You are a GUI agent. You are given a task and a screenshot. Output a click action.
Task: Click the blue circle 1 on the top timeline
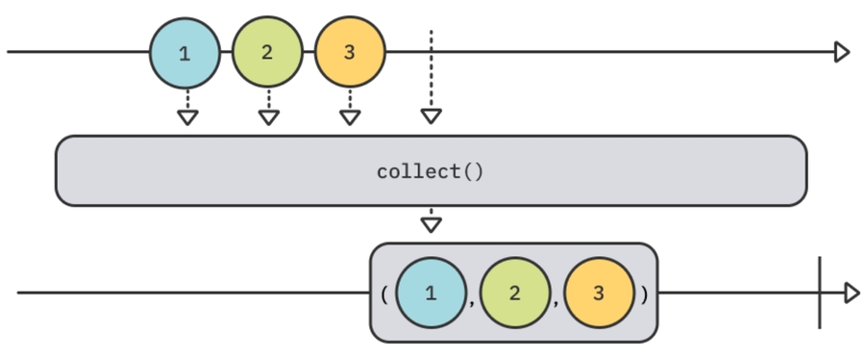point(185,52)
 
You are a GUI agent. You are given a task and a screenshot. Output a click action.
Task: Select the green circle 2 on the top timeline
point(267,52)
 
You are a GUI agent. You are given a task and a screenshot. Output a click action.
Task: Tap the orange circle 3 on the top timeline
point(350,52)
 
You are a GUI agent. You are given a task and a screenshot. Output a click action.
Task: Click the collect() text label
point(431,172)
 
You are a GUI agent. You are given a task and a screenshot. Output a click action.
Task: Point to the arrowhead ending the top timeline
point(842,52)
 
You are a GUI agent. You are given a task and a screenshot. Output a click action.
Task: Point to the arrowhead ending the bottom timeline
point(851,293)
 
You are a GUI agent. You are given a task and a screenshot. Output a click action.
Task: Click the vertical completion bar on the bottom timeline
point(820,293)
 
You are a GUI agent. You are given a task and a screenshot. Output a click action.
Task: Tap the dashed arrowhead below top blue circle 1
point(187,117)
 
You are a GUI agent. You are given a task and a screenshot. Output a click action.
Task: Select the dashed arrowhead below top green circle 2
point(269,117)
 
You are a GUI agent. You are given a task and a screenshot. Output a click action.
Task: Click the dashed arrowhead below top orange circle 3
point(350,117)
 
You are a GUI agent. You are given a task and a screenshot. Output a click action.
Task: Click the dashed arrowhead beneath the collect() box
point(432,224)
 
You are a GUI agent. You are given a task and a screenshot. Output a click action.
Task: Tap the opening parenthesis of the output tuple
point(383,293)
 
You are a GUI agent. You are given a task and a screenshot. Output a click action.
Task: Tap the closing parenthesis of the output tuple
point(644,293)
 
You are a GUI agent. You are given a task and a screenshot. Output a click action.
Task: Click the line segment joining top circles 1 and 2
point(226,52)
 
